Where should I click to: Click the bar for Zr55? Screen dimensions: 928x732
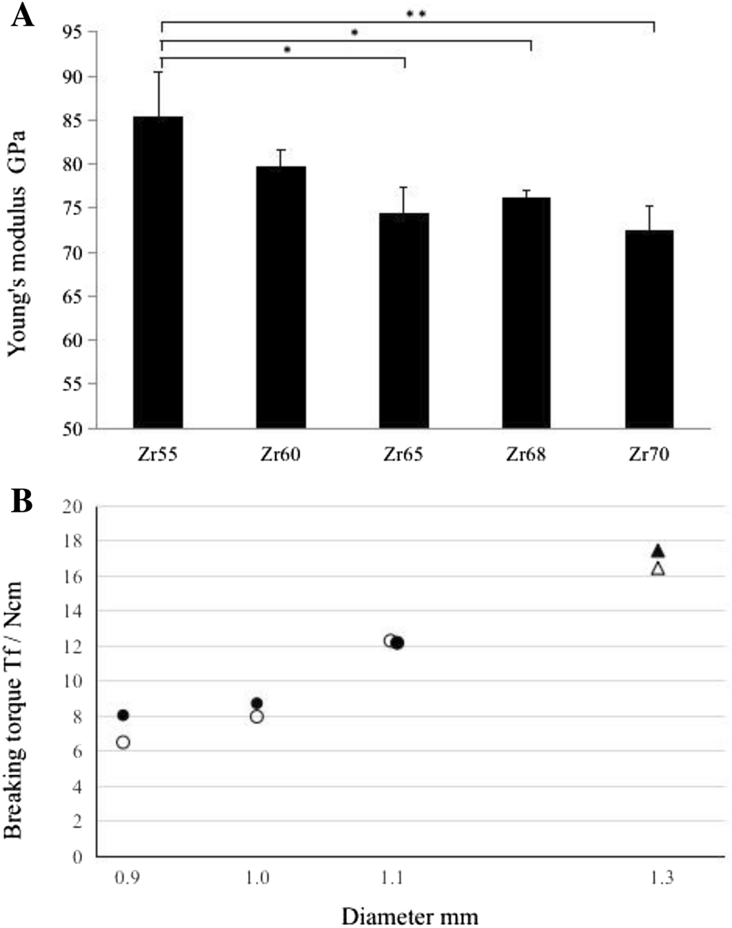point(158,272)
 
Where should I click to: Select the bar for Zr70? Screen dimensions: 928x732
point(649,329)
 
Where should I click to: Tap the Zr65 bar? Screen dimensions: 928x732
point(404,321)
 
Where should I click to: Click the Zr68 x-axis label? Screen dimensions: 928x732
point(526,454)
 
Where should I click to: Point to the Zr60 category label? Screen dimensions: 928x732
point(281,454)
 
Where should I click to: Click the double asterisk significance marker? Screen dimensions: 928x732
point(416,14)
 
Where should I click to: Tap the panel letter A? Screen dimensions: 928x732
point(23,14)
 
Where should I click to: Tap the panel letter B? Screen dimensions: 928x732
point(22,501)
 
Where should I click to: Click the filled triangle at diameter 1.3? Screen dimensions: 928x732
point(658,550)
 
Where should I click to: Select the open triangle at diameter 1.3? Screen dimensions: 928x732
point(658,569)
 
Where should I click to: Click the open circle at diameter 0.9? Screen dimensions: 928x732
point(123,742)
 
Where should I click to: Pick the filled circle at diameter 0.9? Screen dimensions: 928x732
point(123,715)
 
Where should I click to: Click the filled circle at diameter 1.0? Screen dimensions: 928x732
point(257,703)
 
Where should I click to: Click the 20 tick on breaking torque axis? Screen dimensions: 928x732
point(72,507)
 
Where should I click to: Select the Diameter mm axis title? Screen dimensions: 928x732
point(409,916)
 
